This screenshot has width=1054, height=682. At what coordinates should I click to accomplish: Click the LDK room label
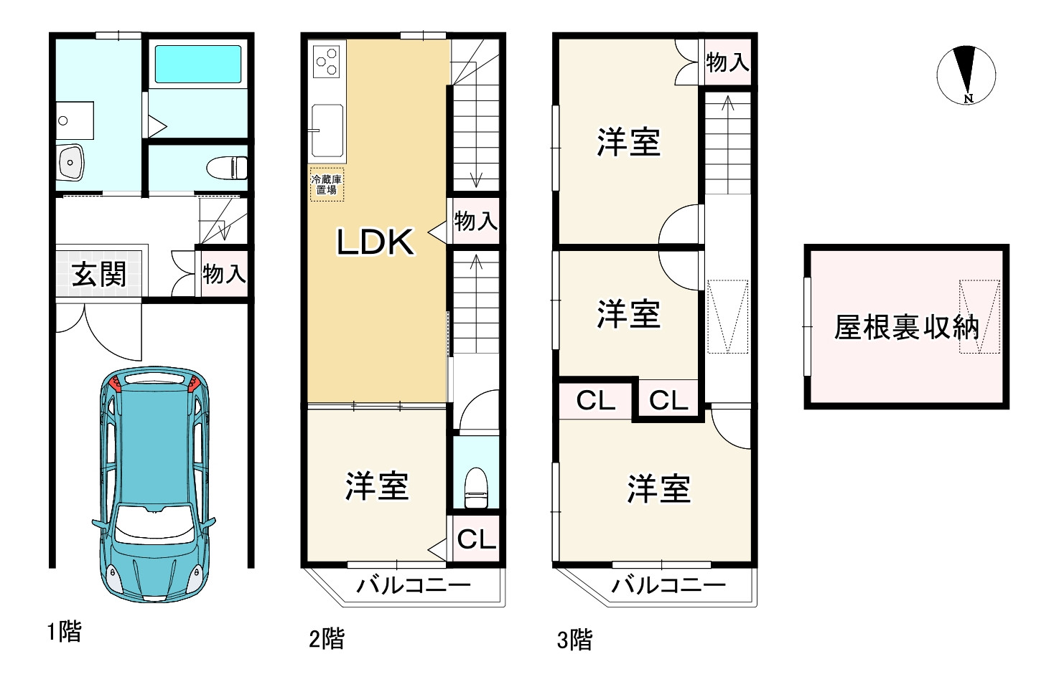click(376, 242)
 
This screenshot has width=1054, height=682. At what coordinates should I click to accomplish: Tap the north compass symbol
click(966, 75)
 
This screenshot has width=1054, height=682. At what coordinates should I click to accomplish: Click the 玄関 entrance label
click(99, 274)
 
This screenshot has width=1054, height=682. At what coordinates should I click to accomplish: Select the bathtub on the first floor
click(198, 64)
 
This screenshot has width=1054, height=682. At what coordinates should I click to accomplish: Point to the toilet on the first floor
click(228, 168)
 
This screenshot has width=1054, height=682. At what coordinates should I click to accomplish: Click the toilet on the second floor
click(476, 486)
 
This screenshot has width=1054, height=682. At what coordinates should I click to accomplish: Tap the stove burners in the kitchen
click(327, 60)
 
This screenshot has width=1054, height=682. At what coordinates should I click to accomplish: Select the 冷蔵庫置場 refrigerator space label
click(327, 185)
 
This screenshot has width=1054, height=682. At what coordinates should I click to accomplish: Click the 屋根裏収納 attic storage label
click(906, 328)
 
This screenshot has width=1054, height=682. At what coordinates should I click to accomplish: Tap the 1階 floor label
click(65, 631)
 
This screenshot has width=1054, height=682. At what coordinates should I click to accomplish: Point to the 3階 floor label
click(574, 639)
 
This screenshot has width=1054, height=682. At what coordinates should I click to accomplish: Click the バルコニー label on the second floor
click(414, 585)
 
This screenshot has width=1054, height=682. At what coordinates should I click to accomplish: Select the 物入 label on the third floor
click(727, 62)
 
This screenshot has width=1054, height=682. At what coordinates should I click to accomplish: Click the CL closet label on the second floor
click(476, 539)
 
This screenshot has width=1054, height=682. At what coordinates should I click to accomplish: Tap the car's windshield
click(154, 524)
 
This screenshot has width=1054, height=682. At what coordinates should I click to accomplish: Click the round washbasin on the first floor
click(70, 162)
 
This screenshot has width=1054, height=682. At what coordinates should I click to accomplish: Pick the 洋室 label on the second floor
click(377, 486)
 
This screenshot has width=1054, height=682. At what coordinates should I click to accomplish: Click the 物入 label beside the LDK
click(475, 221)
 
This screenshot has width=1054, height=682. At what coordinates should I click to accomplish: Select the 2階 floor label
click(326, 638)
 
